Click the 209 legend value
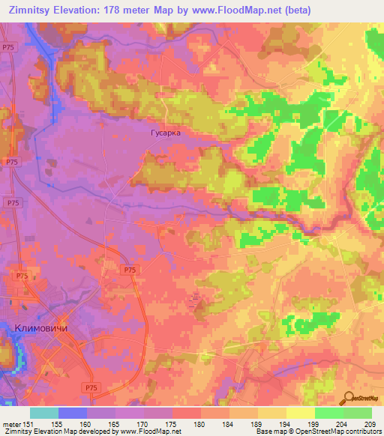click(371, 423)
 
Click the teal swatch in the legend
click(44, 413)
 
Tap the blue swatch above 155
click(73, 413)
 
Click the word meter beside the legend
click(11, 423)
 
